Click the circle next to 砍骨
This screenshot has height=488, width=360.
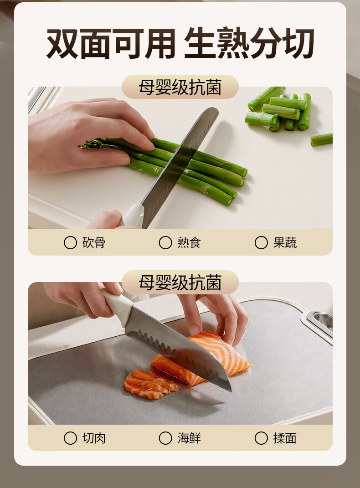[70, 242]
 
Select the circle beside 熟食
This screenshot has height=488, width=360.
[165, 242]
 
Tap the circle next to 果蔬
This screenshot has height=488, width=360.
[261, 242]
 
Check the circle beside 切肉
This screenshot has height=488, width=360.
[70, 438]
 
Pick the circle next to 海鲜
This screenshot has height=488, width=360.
[165, 438]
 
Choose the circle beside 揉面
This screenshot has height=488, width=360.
[261, 438]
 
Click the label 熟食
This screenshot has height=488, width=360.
[189, 242]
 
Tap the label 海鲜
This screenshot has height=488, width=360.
[189, 438]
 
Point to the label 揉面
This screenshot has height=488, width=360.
[285, 438]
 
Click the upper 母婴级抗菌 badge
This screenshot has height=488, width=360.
[180, 87]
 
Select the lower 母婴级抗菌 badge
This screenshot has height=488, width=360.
[180, 283]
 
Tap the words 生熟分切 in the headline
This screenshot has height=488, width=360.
[249, 44]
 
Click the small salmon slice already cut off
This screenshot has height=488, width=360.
[150, 384]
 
